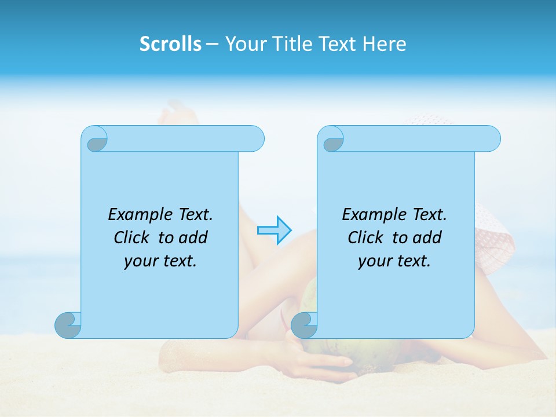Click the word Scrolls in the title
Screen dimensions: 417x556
[x=170, y=44]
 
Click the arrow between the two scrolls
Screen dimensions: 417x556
[x=273, y=230]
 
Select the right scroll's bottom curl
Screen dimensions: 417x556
[x=304, y=325]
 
